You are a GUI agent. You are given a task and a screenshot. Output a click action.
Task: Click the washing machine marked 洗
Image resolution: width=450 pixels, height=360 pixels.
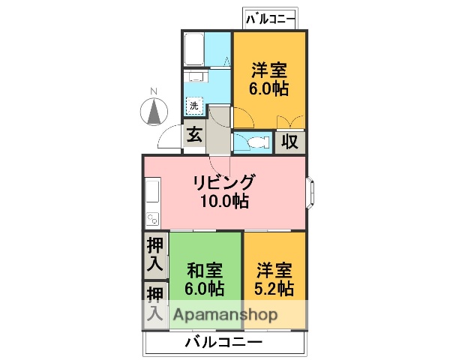coord(195,106)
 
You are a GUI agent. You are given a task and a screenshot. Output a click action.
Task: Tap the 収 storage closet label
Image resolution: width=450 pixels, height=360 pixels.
coord(290,141)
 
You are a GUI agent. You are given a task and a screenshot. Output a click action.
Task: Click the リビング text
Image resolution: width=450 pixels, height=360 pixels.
coord(224,182)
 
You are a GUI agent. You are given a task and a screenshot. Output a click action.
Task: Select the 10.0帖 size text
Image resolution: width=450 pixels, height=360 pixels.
coord(224,201)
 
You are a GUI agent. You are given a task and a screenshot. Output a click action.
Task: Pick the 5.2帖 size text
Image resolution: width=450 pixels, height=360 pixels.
coord(274,289)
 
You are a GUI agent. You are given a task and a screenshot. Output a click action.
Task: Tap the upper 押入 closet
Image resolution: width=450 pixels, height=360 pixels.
coord(155,254)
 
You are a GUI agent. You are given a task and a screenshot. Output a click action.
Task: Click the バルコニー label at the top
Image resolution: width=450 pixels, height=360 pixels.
coord(270,18)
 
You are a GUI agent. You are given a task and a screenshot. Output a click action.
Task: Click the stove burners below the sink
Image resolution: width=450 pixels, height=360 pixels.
coord(152,218)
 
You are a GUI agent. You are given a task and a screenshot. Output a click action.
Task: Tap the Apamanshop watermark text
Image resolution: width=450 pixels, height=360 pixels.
coord(226,315)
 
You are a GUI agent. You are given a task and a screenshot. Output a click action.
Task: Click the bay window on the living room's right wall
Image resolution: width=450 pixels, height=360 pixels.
coord(310,191)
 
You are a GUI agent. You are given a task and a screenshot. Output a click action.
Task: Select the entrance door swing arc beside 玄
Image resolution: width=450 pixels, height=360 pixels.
coord(171,139)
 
